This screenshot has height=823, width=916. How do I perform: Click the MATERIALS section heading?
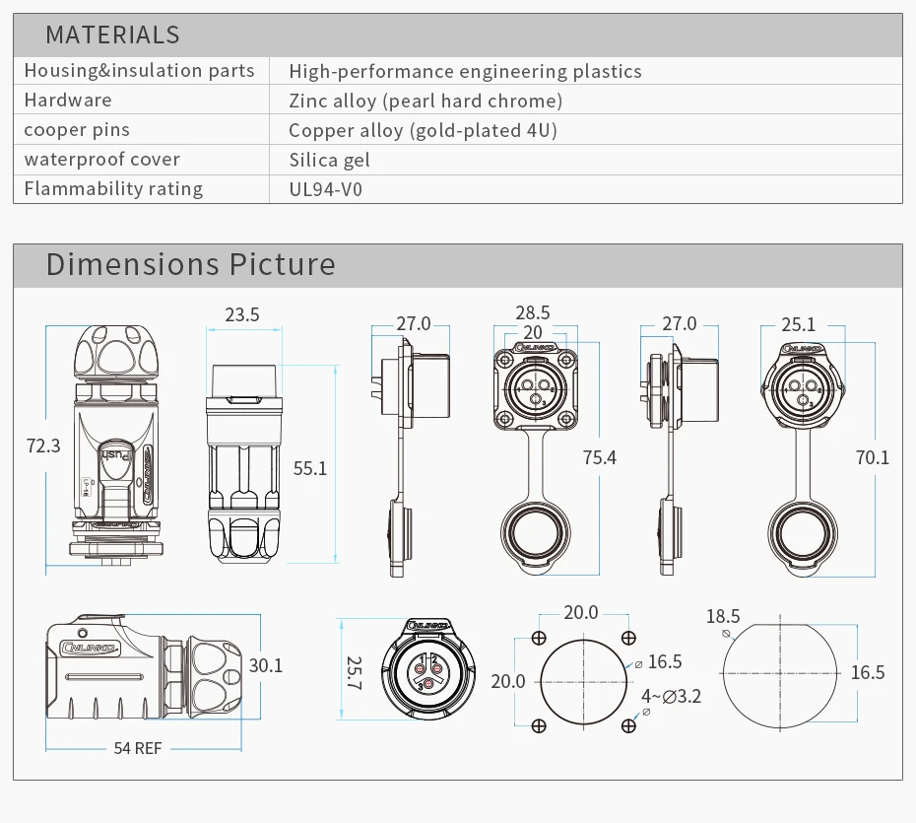(x=112, y=35)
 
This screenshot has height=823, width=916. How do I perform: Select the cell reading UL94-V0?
(x=325, y=189)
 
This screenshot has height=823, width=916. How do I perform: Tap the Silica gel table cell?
(x=329, y=160)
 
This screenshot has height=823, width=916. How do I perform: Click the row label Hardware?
(x=68, y=101)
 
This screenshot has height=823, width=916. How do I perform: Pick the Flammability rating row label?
(x=113, y=189)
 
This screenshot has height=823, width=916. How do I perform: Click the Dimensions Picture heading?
(x=190, y=264)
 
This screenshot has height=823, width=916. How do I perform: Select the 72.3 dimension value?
(x=43, y=446)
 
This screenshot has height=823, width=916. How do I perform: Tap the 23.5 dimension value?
(x=241, y=315)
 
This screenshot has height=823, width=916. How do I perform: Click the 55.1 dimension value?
(x=310, y=468)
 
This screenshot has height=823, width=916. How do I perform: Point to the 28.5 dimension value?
(x=532, y=312)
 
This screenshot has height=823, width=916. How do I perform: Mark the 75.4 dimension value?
(x=599, y=457)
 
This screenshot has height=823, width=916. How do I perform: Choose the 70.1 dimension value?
(x=872, y=457)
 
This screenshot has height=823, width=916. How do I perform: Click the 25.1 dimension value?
(x=798, y=324)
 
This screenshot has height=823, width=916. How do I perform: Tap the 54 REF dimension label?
(x=137, y=748)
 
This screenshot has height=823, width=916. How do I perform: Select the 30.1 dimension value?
(x=266, y=666)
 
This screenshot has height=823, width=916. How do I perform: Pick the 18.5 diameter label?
(x=723, y=617)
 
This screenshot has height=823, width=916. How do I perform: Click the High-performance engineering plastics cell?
(x=465, y=71)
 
